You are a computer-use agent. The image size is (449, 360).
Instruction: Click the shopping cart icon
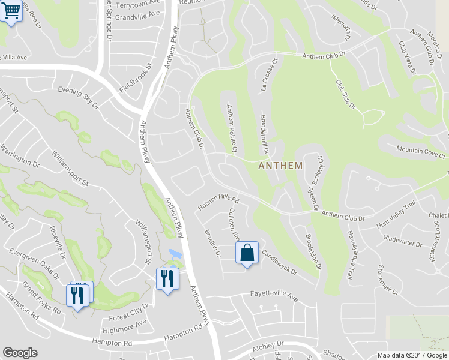[x=11, y=11]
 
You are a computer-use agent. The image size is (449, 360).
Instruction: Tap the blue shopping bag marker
[x=247, y=253]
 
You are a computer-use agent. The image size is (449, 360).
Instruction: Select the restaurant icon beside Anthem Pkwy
[x=167, y=279]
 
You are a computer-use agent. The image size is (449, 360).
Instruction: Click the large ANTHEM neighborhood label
[x=280, y=166]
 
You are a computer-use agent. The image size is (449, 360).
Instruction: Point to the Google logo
[x=20, y=353]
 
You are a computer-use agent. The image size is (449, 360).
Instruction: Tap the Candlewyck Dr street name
[x=279, y=263]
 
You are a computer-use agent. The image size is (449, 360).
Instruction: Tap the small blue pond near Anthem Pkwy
[x=174, y=253]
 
